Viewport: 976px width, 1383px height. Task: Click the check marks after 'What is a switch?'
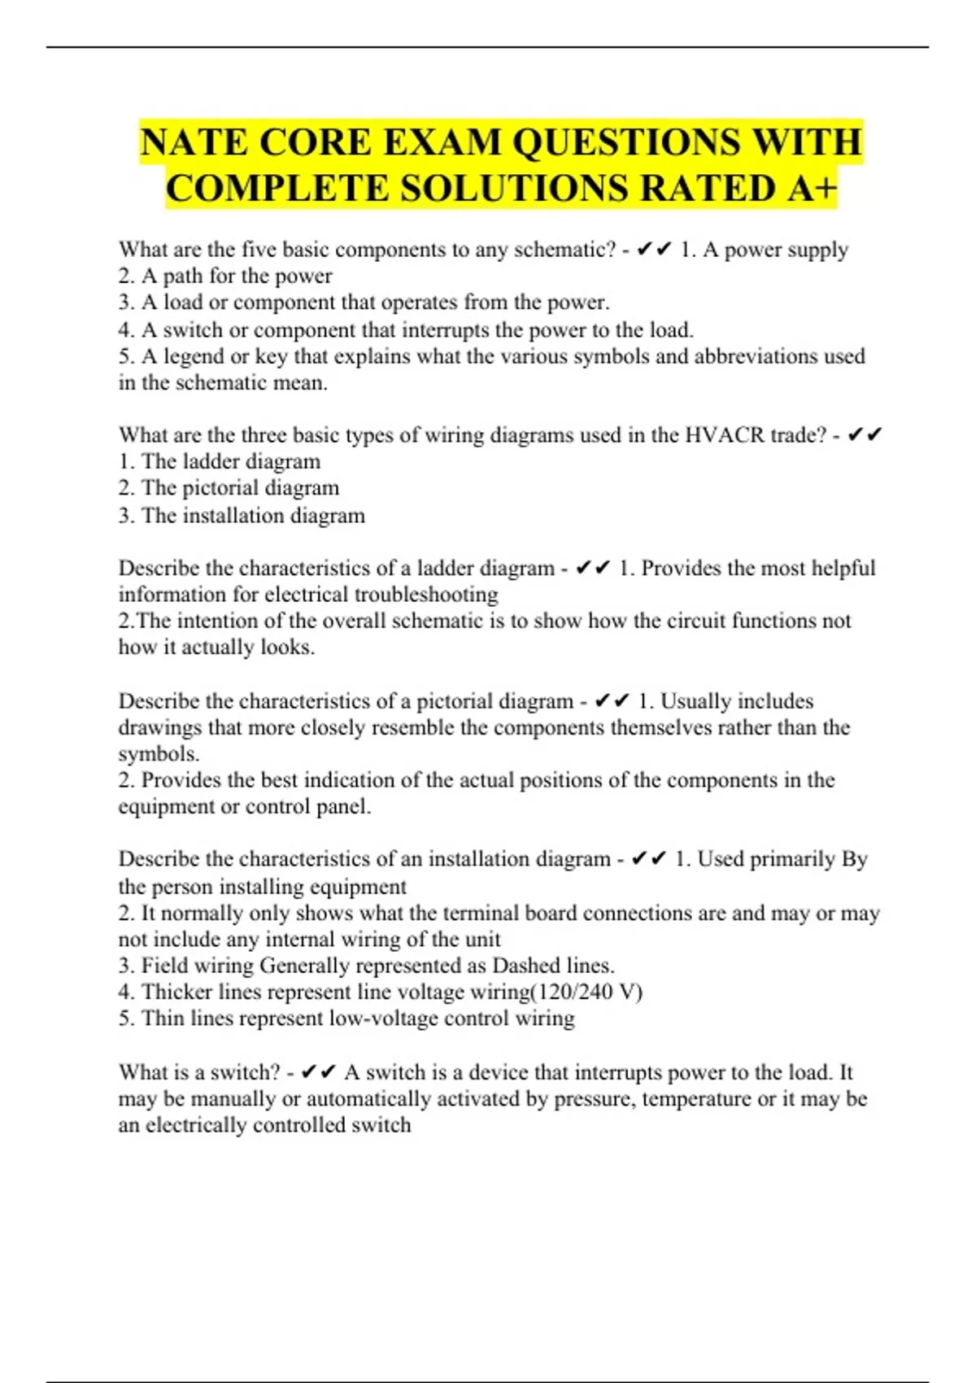pyautogui.click(x=318, y=1072)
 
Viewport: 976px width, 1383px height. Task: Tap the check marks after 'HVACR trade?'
pyautogui.click(x=865, y=435)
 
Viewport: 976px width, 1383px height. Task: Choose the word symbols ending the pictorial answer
pyautogui.click(x=157, y=754)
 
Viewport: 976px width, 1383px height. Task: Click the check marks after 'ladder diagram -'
pyautogui.click(x=593, y=568)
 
